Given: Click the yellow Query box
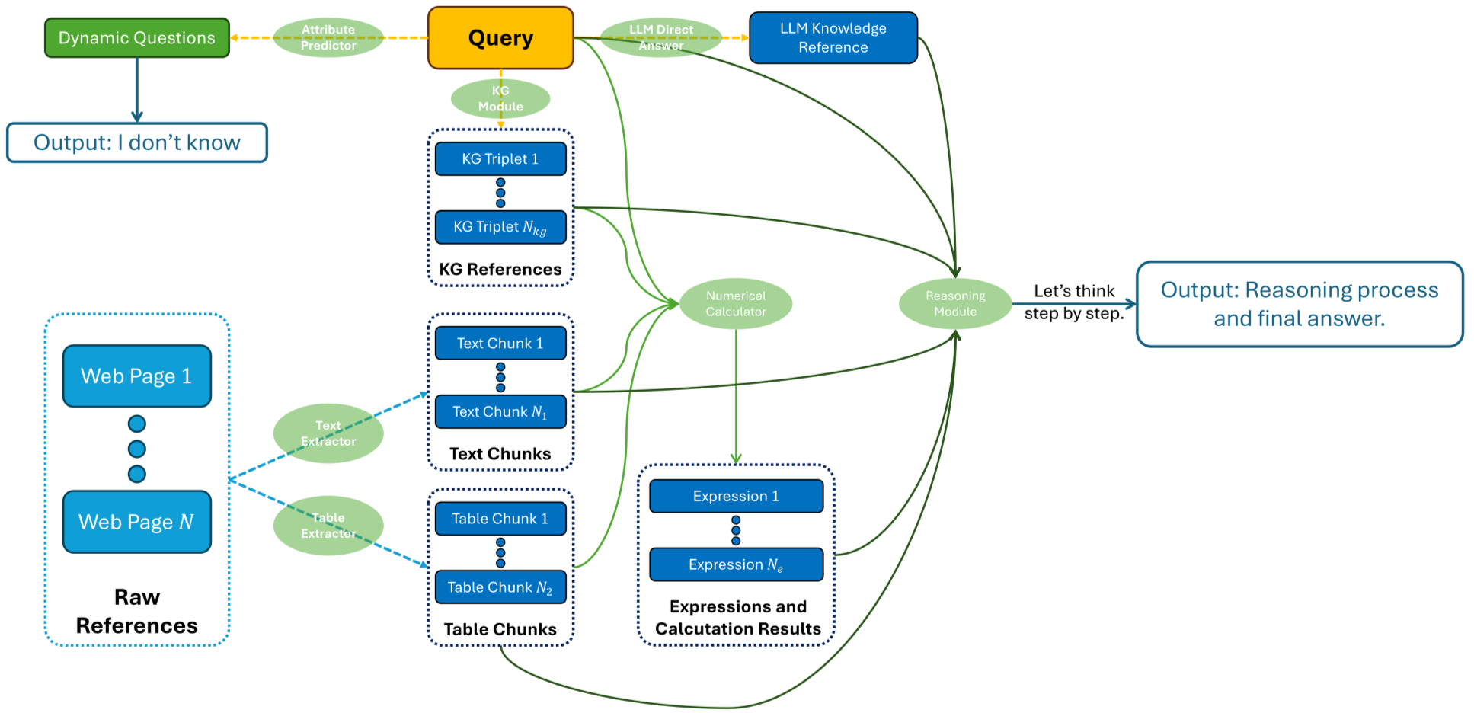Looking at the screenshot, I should coord(500,38).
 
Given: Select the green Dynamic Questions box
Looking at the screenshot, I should coord(137,38).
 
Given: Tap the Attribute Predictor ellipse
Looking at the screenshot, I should coord(328,37).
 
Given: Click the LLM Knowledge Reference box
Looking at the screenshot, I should coord(833,37).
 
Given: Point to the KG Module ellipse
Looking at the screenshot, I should coord(500,98).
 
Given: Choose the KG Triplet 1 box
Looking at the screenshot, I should coord(500,158).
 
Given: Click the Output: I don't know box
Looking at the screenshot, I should coord(137,142).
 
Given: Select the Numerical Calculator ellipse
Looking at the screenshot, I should coord(736,303).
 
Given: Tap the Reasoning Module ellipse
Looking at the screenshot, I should coord(955,303).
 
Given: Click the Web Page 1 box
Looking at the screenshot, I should coord(137,376).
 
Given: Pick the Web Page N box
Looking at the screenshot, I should coord(137,522).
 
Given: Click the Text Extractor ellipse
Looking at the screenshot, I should coord(328,433).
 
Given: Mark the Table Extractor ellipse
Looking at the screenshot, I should coord(328,526).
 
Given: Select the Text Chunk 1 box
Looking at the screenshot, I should coord(500,343).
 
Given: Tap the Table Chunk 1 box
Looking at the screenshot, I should coord(500,519).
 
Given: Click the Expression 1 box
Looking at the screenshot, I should coord(736,496).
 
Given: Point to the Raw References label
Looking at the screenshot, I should coord(137,611).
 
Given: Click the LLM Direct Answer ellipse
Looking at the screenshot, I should coord(660,37).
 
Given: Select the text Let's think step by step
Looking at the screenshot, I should coord(1073,302).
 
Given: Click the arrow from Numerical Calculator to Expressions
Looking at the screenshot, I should coord(736,396).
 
